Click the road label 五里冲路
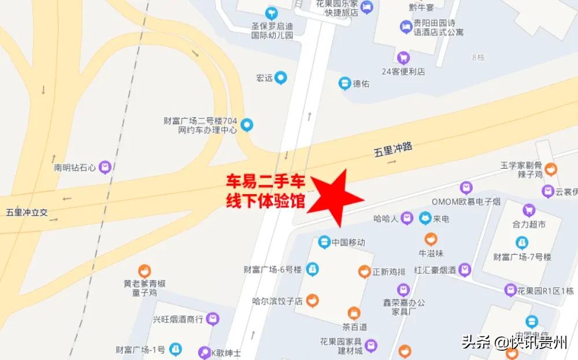(x=393, y=150)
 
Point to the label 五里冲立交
(x=27, y=212)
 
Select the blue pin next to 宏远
(x=281, y=77)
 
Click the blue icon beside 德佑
(x=344, y=84)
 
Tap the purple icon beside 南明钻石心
(x=105, y=168)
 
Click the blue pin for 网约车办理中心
(x=247, y=124)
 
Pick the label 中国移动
(x=349, y=242)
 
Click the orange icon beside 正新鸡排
(x=364, y=270)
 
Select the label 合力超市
(x=528, y=224)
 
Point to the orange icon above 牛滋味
(x=431, y=239)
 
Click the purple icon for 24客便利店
(x=403, y=57)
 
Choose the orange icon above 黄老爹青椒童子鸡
(x=144, y=270)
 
